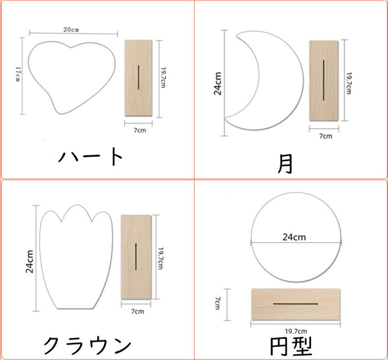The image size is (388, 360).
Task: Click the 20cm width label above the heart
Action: point(71,30)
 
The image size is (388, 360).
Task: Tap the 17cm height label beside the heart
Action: point(18,74)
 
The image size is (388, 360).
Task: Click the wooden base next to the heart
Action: point(138,78)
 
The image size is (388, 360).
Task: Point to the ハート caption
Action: point(90,157)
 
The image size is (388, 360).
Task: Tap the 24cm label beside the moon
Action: point(218,83)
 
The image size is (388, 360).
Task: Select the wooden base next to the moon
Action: point(323,81)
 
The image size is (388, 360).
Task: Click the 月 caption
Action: point(285,164)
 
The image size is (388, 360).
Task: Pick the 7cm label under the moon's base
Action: point(325,136)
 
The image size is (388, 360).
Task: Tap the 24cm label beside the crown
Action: point(30,262)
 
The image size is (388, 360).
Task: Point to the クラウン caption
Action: point(87,345)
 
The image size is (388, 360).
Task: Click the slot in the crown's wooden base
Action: point(136,257)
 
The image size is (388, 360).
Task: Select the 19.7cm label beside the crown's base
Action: point(161,258)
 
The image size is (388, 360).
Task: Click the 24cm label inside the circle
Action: point(294,237)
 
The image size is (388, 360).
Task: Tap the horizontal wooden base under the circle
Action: point(296,304)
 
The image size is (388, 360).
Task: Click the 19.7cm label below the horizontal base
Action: point(296,331)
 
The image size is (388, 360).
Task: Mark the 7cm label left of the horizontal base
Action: point(217,304)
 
